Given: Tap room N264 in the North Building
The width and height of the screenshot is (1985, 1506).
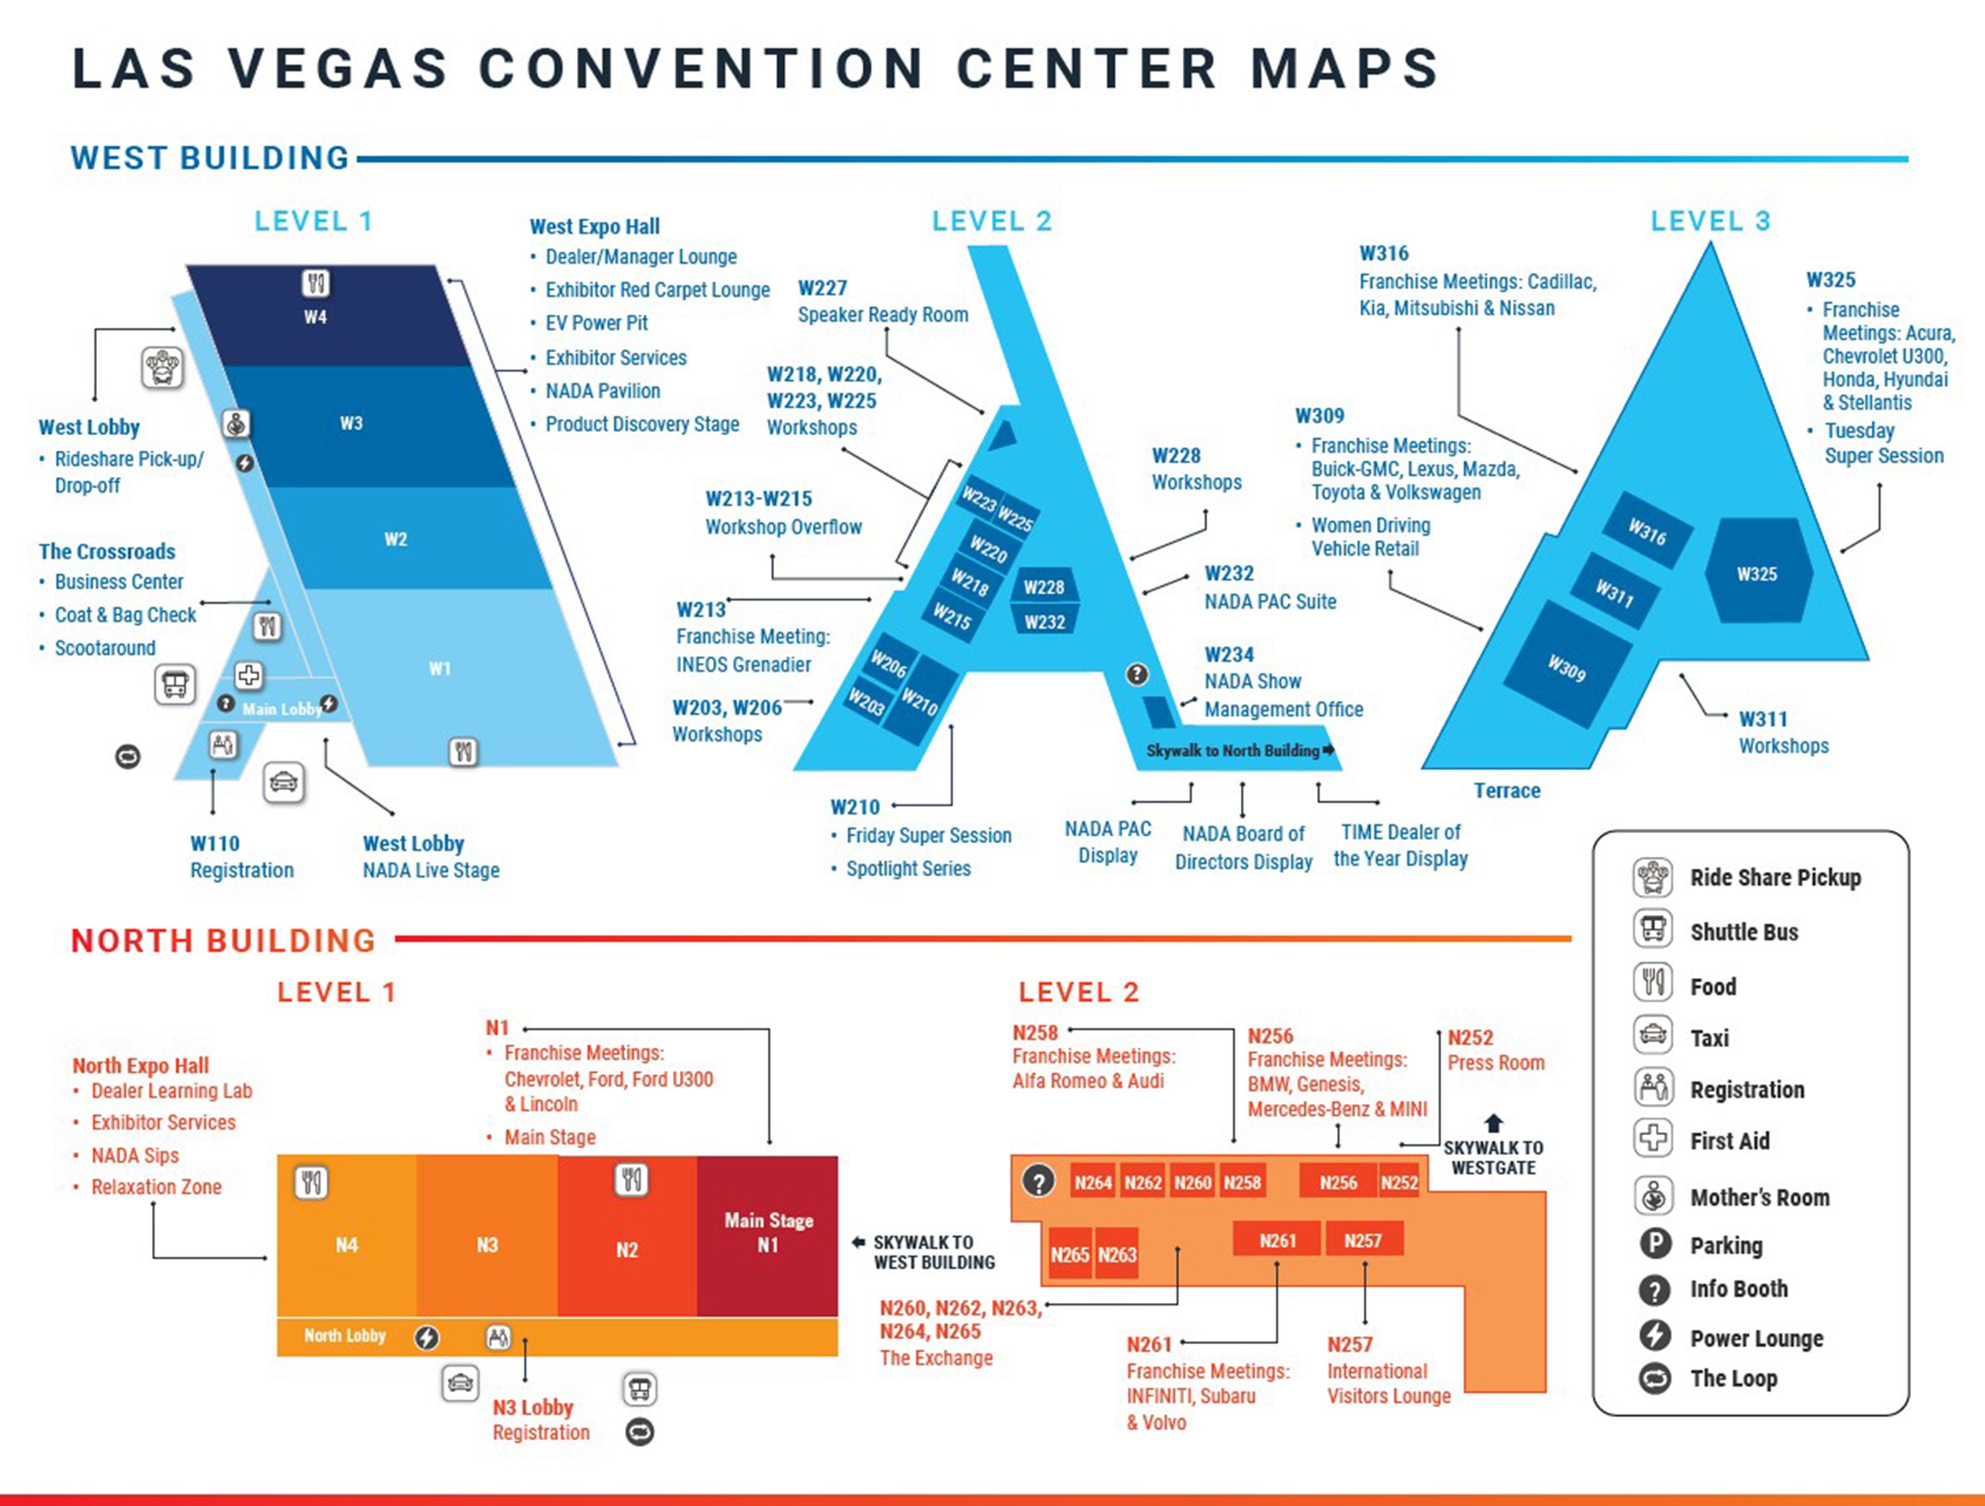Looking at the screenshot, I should point(1092,1183).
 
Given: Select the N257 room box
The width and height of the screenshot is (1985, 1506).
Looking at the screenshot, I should point(1363,1241).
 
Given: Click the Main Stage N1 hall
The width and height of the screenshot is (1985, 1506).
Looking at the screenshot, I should point(767,1234).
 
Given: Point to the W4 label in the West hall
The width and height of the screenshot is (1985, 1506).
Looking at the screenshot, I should point(315,316).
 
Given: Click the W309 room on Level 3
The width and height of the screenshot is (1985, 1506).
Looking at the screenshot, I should point(1567,667).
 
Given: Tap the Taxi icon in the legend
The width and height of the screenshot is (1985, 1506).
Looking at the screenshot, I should point(1653,1036).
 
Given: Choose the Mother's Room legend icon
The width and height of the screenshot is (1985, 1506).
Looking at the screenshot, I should point(1653,1196).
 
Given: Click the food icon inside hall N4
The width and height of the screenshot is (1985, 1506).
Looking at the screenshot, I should point(311,1183).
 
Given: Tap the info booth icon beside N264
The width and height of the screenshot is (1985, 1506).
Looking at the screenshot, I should point(1038,1182).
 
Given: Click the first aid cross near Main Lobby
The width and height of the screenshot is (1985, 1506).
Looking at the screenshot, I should point(248,675).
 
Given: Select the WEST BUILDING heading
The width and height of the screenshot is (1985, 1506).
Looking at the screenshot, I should point(210,158).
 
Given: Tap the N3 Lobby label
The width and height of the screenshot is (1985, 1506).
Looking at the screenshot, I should point(532,1407).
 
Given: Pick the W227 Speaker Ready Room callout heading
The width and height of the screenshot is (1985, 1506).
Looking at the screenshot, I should point(822,288).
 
